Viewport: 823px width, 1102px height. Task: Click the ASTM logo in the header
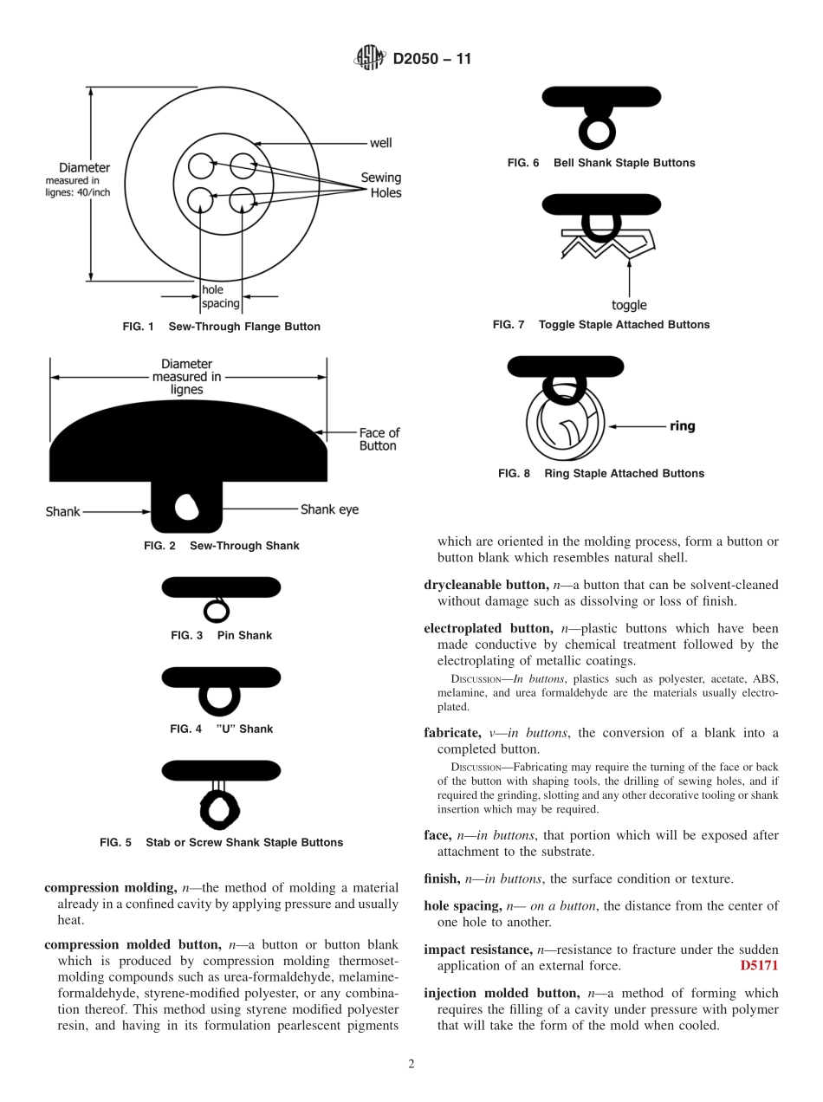click(x=370, y=59)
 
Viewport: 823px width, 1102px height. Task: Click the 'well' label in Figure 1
click(x=380, y=143)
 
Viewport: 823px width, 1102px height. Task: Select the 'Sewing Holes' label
click(x=381, y=185)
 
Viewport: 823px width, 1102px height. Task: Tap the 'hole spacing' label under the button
click(x=220, y=296)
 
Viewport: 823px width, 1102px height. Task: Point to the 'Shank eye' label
click(x=329, y=509)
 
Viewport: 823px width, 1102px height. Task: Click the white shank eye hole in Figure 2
click(x=186, y=506)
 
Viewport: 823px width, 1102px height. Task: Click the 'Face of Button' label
click(x=379, y=439)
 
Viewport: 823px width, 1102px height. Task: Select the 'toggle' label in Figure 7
click(x=629, y=305)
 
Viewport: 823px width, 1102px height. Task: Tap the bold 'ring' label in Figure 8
click(x=682, y=426)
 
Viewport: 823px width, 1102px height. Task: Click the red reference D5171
click(x=759, y=965)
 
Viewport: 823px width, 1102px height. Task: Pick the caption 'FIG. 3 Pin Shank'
click(x=221, y=635)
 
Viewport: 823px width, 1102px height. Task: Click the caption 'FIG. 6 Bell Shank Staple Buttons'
click(x=600, y=163)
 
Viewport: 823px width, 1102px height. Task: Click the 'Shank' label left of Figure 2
click(x=62, y=512)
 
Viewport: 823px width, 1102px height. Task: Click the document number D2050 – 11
click(x=431, y=60)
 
